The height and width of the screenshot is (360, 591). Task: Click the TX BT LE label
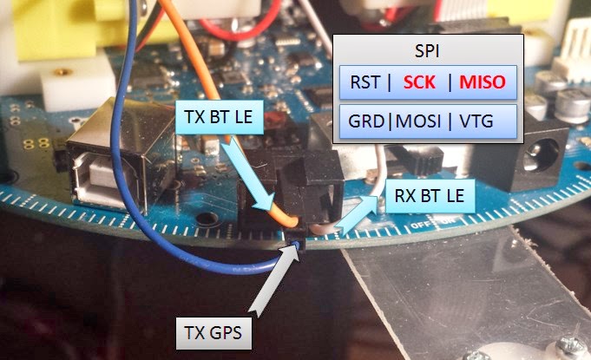pos(219,117)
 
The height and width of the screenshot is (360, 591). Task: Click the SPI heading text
pos(428,52)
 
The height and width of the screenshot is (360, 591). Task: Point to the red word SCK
pos(421,83)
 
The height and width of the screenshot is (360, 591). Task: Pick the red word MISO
pos(483,83)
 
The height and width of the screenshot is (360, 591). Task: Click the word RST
pos(364,83)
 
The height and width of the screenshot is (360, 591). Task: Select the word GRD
pos(365,121)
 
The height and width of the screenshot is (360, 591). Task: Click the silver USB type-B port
pos(108,165)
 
